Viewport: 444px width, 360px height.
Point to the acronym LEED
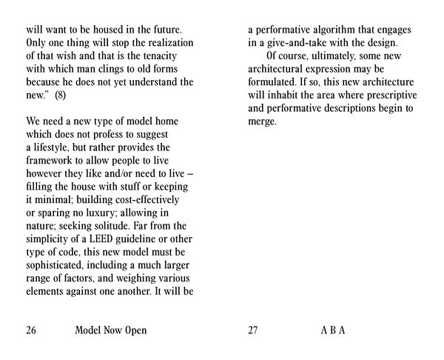click(x=104, y=241)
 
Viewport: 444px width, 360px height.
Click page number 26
click(x=31, y=330)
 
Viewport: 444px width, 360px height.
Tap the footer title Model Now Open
click(x=111, y=330)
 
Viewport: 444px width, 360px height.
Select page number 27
click(x=253, y=330)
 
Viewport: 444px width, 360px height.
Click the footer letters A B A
click(x=334, y=330)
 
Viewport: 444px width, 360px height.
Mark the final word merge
click(x=261, y=122)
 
